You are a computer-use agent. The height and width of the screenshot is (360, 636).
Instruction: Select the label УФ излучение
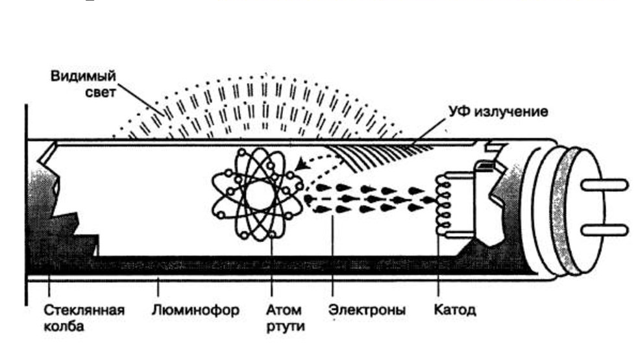pos(497,112)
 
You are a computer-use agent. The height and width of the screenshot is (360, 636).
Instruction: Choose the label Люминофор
pos(195,310)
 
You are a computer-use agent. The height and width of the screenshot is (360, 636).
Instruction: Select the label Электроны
pos(367,310)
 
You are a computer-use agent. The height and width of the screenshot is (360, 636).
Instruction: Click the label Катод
pos(454,310)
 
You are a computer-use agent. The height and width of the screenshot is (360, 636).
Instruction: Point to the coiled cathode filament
pos(445,203)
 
